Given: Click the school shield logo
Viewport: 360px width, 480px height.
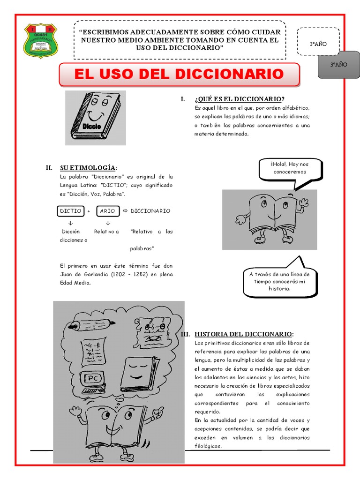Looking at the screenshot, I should coord(41,41).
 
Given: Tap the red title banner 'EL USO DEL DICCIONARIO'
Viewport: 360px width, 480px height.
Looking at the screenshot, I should coord(179,75).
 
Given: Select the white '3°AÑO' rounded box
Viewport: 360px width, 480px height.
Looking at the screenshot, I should coord(318,44).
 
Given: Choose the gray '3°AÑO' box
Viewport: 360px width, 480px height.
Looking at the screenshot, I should coord(338,65).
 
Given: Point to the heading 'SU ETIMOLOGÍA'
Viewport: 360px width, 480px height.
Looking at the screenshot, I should coord(88,168).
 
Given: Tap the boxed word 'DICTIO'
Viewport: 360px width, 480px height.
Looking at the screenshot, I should coord(70,211).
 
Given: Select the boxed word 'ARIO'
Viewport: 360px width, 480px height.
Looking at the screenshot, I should coord(107,211).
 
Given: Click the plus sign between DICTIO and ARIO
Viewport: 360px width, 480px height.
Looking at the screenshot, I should coord(89,211).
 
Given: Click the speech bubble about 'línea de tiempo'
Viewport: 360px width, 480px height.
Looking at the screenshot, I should coord(279,281).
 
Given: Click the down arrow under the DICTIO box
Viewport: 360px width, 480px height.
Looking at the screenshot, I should coord(70,223).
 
